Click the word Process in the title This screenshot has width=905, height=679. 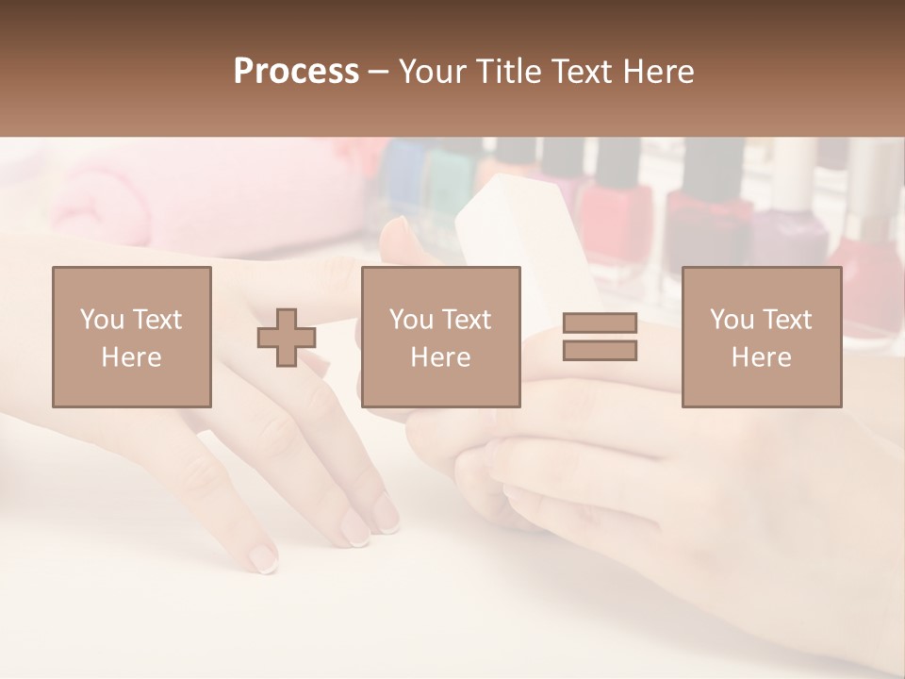click(296, 71)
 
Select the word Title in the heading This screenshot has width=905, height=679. click(513, 71)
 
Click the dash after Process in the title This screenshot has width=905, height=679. click(379, 73)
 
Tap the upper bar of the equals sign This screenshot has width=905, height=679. click(600, 323)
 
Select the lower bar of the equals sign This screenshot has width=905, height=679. click(600, 350)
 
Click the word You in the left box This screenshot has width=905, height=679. click(101, 320)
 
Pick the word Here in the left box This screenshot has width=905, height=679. click(131, 357)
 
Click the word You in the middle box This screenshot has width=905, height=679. click(411, 320)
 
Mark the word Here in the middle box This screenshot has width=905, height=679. click(440, 357)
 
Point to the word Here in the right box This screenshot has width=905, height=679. click(761, 357)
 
